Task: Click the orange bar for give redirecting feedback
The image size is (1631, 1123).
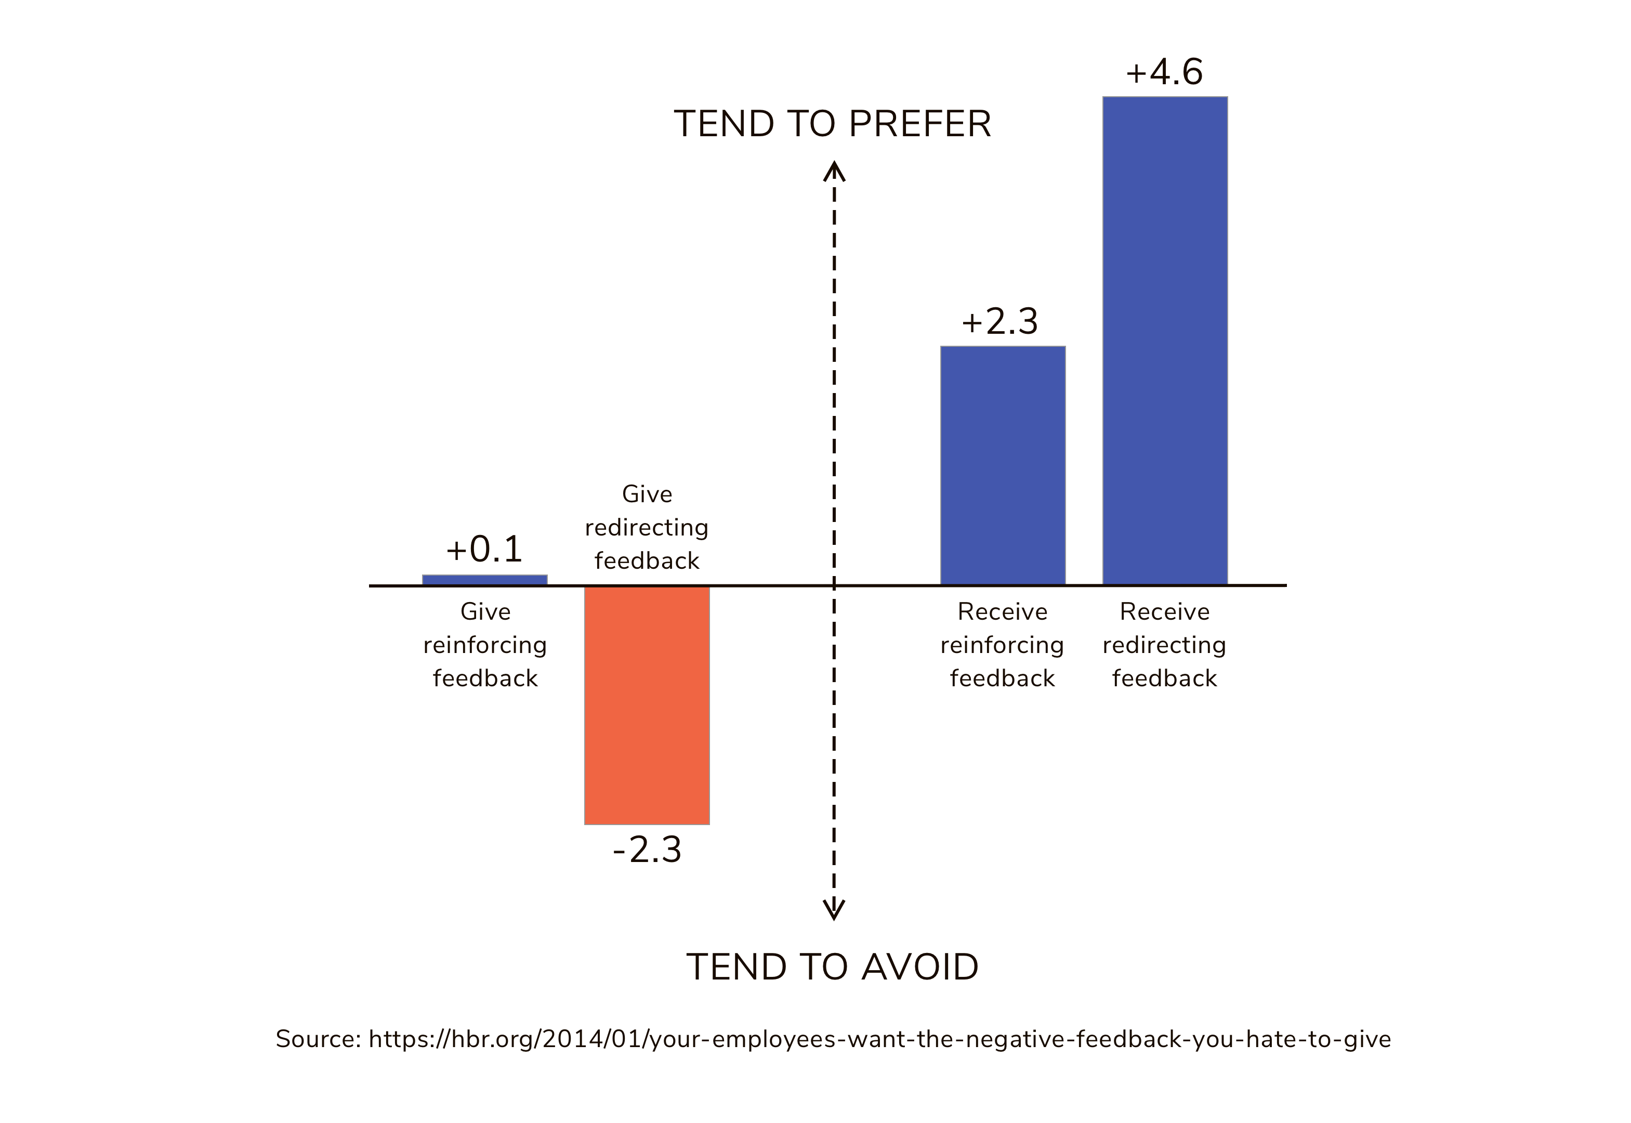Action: click(647, 704)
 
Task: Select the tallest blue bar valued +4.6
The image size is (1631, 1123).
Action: click(1165, 340)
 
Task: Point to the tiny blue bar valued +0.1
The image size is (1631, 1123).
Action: click(484, 580)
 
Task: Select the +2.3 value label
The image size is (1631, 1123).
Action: click(999, 321)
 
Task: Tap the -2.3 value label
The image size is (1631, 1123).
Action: click(647, 850)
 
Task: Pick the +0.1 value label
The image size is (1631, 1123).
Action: click(484, 549)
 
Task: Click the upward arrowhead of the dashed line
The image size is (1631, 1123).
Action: click(834, 171)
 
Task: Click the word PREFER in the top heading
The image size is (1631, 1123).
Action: click(920, 124)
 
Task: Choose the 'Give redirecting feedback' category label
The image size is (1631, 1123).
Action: click(647, 527)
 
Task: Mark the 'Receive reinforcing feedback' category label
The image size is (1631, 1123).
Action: click(1002, 645)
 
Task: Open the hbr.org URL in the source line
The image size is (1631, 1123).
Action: click(879, 1039)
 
